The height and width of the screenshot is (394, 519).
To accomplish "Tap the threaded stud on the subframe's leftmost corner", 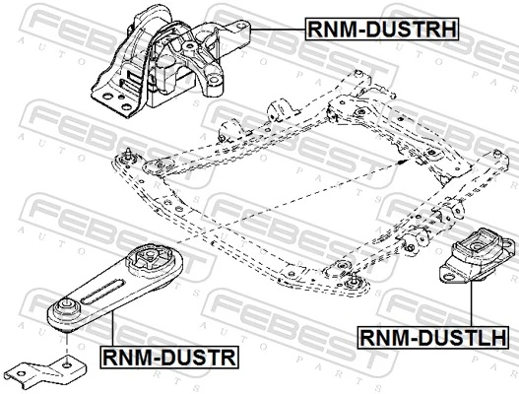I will pos(128,154).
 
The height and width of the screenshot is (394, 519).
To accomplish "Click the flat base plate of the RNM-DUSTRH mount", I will pos(118,100).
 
